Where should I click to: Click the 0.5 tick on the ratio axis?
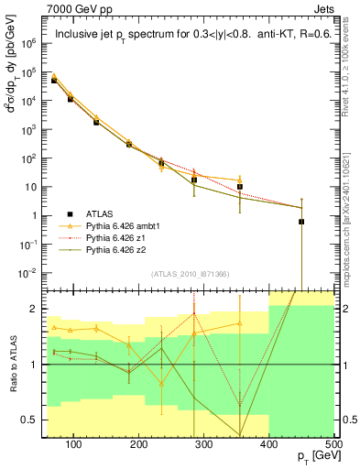click(29, 420)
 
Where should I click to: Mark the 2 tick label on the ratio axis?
click(34, 309)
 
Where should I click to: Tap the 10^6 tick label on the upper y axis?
click(29, 43)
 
